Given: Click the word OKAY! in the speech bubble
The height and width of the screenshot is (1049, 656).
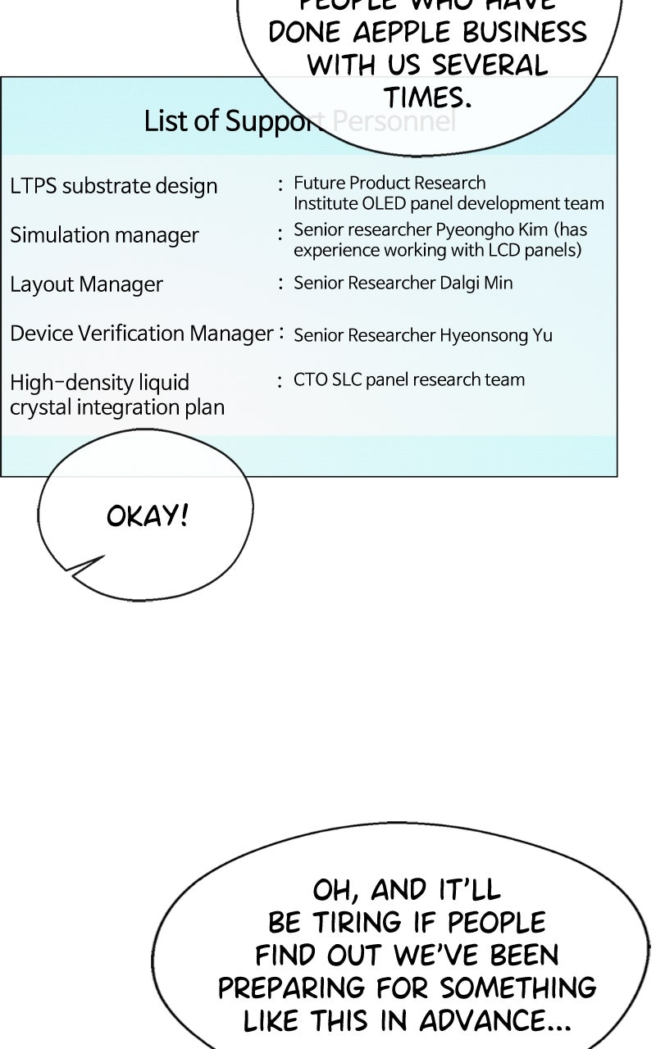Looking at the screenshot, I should click(148, 516).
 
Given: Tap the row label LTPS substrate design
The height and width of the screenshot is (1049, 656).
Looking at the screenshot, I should click(114, 186).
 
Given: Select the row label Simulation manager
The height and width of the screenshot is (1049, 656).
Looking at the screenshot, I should click(104, 235).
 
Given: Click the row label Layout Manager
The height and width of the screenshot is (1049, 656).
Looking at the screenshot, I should click(86, 284).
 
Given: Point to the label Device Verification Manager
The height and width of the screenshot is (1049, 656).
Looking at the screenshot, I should click(141, 334).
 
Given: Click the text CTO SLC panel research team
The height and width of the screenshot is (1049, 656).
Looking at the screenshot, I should click(409, 379).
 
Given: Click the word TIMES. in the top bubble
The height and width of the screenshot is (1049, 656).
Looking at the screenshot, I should click(428, 98).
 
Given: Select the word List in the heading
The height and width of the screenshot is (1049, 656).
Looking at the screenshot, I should click(160, 120).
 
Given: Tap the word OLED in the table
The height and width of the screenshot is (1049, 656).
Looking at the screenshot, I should click(385, 203).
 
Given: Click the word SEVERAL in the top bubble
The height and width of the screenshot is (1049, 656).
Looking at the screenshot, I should click(490, 66).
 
